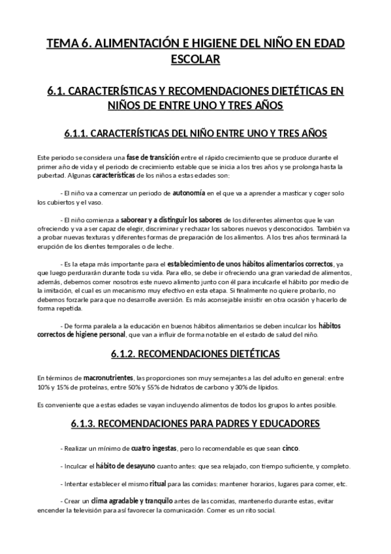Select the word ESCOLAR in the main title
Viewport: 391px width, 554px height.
coord(195,59)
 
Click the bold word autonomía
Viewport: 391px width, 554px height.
coord(188,194)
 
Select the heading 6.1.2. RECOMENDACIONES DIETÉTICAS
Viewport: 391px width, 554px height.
coord(195,354)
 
